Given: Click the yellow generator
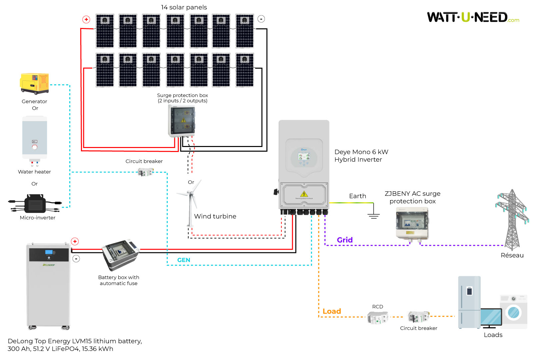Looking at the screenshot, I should pos(34,83).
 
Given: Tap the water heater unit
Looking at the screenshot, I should pos(35,138).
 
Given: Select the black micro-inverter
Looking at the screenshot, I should pos(35,203).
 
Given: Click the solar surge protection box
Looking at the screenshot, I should pos(182,121).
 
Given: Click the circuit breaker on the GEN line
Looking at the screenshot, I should pos(146,172).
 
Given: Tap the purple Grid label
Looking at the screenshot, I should pos(344,240).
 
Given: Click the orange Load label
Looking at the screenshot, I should pos(331,311).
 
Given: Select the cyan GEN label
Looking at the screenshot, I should pos(184,260).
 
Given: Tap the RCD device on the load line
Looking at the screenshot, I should pos(377,318).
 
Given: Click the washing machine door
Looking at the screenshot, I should pos(513,312).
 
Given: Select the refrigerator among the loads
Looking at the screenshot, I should pos(469,302).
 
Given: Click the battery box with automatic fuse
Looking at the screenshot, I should pos(120,254).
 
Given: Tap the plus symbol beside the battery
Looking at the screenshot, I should pos(75,241).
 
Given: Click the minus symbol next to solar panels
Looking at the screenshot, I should pos(262,19).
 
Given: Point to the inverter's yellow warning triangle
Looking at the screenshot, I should pos(304,194).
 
